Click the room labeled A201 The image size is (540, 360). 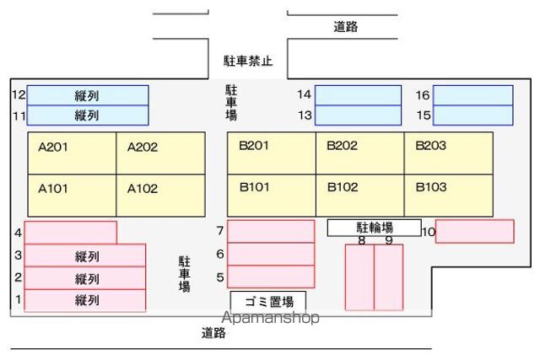[72, 153]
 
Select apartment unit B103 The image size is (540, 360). [448, 196]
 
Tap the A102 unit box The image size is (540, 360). [161, 196]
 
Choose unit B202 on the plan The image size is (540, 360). [360, 153]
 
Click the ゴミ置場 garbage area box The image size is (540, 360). [268, 302]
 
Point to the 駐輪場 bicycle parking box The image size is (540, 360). [375, 228]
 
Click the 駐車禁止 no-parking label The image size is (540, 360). [248, 62]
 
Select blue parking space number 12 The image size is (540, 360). [88, 95]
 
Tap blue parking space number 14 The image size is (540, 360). [358, 95]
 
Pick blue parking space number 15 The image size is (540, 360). [472, 116]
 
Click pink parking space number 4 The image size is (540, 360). [71, 233]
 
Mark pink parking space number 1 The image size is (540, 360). [85, 300]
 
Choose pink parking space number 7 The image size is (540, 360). [271, 231]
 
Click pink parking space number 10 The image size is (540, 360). [475, 231]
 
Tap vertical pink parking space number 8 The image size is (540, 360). [359, 277]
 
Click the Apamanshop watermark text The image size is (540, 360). [270, 318]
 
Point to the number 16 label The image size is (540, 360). [423, 95]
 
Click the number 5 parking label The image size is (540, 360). [220, 277]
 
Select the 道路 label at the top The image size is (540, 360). [346, 27]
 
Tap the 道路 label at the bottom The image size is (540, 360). [213, 333]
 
